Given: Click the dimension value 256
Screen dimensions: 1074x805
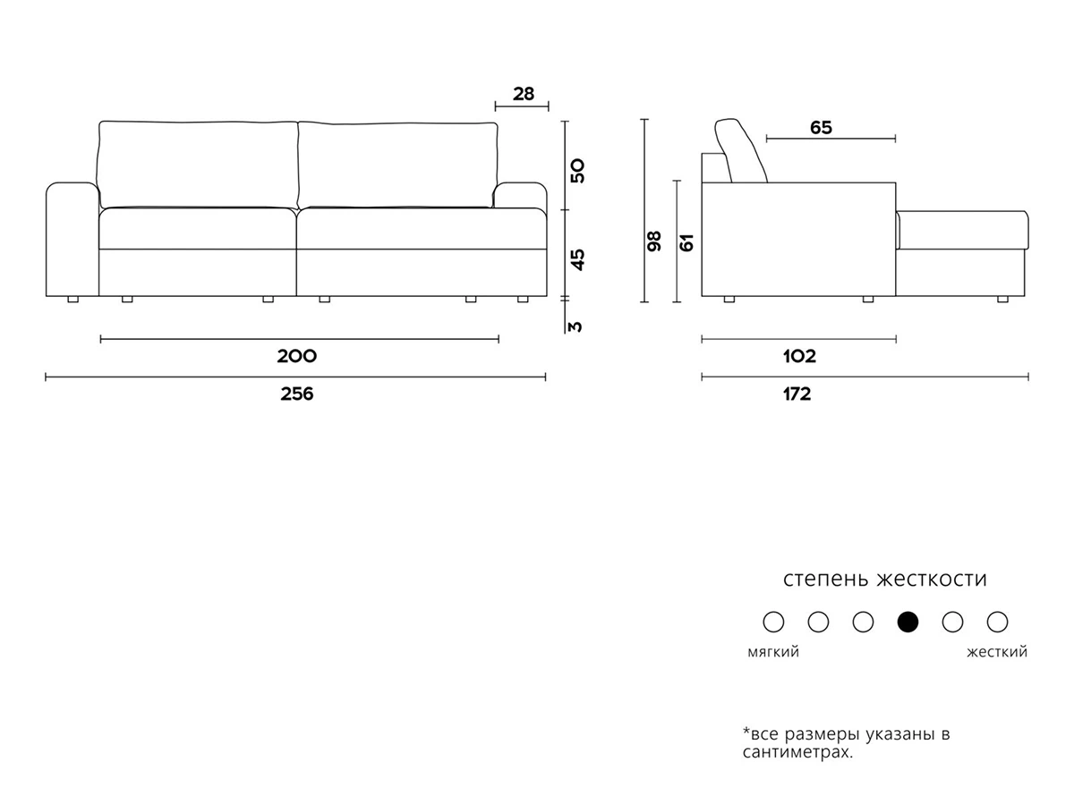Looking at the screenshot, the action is tap(296, 394).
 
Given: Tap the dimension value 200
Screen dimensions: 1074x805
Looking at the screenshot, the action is tap(296, 356).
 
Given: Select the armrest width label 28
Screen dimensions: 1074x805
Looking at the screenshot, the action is tap(523, 93).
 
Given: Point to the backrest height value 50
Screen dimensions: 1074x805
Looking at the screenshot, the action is tap(578, 171).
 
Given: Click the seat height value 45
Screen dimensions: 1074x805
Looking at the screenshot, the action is tap(578, 259).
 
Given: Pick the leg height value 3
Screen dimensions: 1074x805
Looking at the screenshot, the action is tap(576, 326).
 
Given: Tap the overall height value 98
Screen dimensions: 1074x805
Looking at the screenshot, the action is tap(654, 241).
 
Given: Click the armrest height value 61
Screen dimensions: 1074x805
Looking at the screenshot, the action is tap(687, 242).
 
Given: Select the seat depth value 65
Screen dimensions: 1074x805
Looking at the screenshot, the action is tap(821, 128).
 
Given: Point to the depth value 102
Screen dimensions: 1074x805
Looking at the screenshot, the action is tap(799, 356).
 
